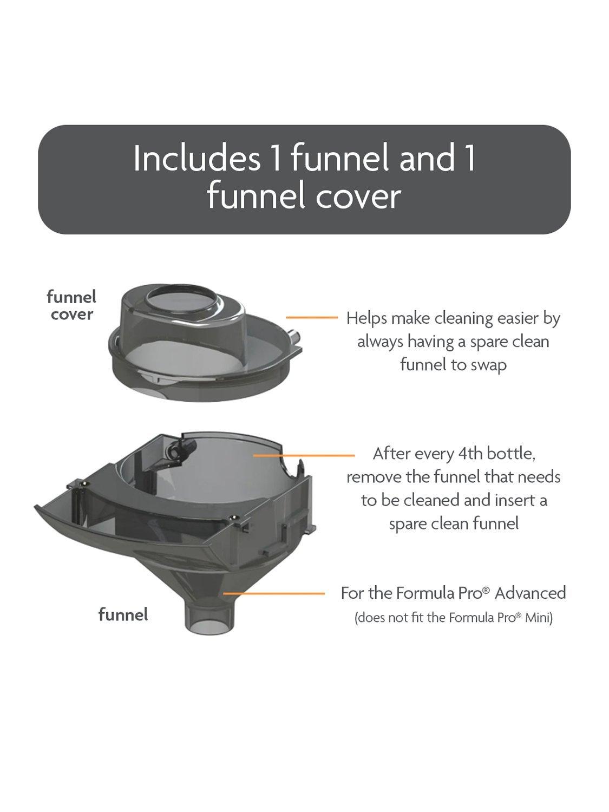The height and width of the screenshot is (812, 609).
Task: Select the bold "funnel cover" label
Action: coord(71,305)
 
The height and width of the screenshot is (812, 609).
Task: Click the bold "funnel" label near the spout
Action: coord(123,614)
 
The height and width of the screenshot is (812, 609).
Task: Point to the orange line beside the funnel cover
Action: coord(312,317)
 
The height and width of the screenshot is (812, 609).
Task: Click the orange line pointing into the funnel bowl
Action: coord(304,455)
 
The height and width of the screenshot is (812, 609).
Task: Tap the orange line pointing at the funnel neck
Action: coord(274,593)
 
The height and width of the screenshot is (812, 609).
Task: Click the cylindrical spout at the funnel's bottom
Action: coord(209,620)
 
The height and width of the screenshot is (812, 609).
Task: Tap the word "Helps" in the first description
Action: coord(366,318)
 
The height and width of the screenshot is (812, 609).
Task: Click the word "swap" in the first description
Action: coord(489,365)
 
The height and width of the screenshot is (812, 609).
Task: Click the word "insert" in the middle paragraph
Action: coord(510,501)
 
